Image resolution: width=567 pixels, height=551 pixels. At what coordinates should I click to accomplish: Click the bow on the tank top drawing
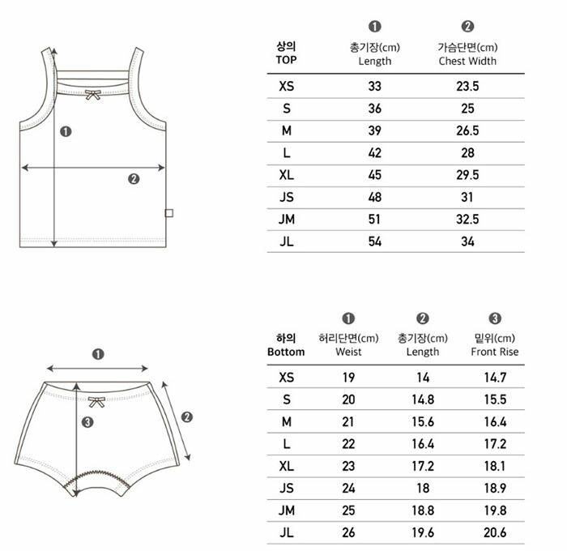(93, 95)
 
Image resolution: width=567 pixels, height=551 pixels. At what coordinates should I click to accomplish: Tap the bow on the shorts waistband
(96, 402)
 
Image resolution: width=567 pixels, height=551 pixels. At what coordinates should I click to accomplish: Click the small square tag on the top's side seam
(168, 213)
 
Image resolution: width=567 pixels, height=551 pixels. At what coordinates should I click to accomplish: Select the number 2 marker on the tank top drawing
(134, 179)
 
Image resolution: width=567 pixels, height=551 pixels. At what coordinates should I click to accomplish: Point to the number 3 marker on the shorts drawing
(87, 422)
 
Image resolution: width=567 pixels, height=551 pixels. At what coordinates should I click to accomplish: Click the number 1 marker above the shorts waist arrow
(98, 354)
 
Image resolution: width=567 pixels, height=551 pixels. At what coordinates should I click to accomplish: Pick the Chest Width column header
(467, 61)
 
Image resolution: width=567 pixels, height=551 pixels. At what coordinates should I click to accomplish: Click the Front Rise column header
(494, 352)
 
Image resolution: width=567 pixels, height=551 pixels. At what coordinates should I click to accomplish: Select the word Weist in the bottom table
(348, 352)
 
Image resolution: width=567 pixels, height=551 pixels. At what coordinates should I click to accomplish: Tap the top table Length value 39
(374, 130)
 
